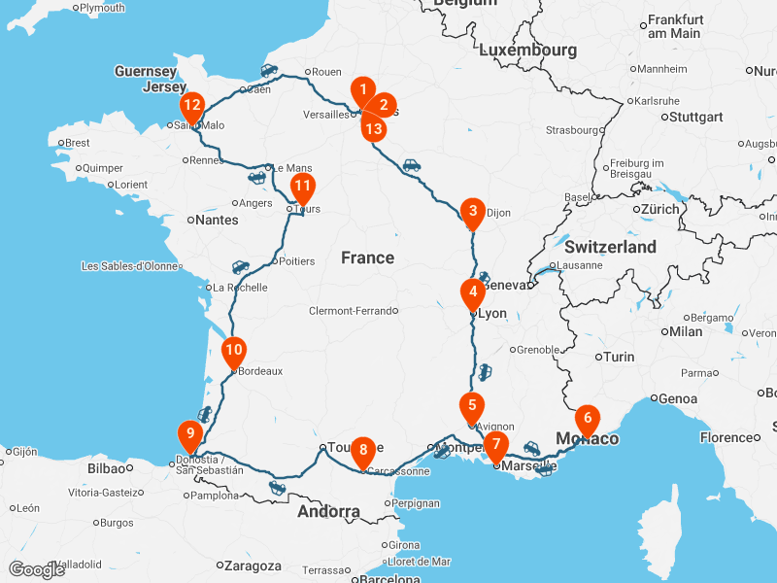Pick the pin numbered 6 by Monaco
pos(587,420)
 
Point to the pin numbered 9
pos(190,434)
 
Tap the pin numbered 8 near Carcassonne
pos(363,450)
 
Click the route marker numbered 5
pos(471,407)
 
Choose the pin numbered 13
pos(374,127)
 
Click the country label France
pos(367,257)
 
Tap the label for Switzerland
pos(610,247)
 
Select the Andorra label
pos(328,511)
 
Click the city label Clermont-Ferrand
pos(352,311)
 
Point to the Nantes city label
pos(217,221)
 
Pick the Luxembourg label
pos(527,50)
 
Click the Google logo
pos(36,569)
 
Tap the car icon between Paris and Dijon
pos(412,165)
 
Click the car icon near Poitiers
pos(240,266)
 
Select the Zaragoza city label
pos(253,566)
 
